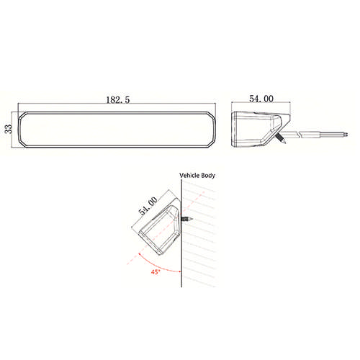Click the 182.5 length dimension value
(117, 102)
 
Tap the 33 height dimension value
(9, 130)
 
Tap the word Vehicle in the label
(189, 176)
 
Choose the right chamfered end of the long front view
(212, 130)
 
